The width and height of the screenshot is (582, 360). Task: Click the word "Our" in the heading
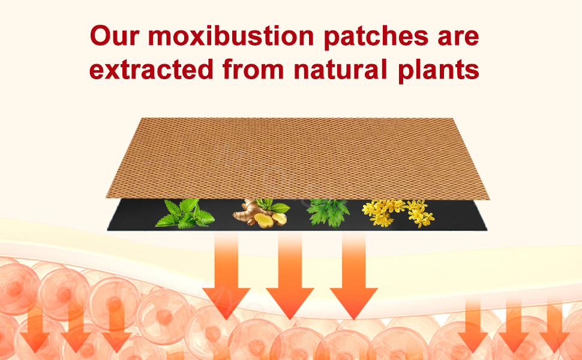pyautogui.click(x=115, y=36)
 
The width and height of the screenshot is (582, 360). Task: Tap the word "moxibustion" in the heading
pyautogui.click(x=231, y=35)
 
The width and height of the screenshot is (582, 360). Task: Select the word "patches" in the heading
pyautogui.click(x=376, y=37)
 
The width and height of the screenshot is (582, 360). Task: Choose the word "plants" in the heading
pyautogui.click(x=439, y=70)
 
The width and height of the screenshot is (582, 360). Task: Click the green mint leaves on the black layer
pyautogui.click(x=185, y=214)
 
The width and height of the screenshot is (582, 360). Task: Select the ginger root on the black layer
pyautogui.click(x=256, y=215)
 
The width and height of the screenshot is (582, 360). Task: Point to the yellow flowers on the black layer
pyautogui.click(x=398, y=213)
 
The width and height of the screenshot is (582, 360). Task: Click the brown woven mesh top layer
pyautogui.click(x=298, y=158)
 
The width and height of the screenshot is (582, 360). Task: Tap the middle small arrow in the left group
pyautogui.click(x=76, y=326)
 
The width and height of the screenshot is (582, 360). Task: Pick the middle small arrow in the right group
pyautogui.click(x=514, y=326)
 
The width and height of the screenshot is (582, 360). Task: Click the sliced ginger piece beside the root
pyautogui.click(x=279, y=219)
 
